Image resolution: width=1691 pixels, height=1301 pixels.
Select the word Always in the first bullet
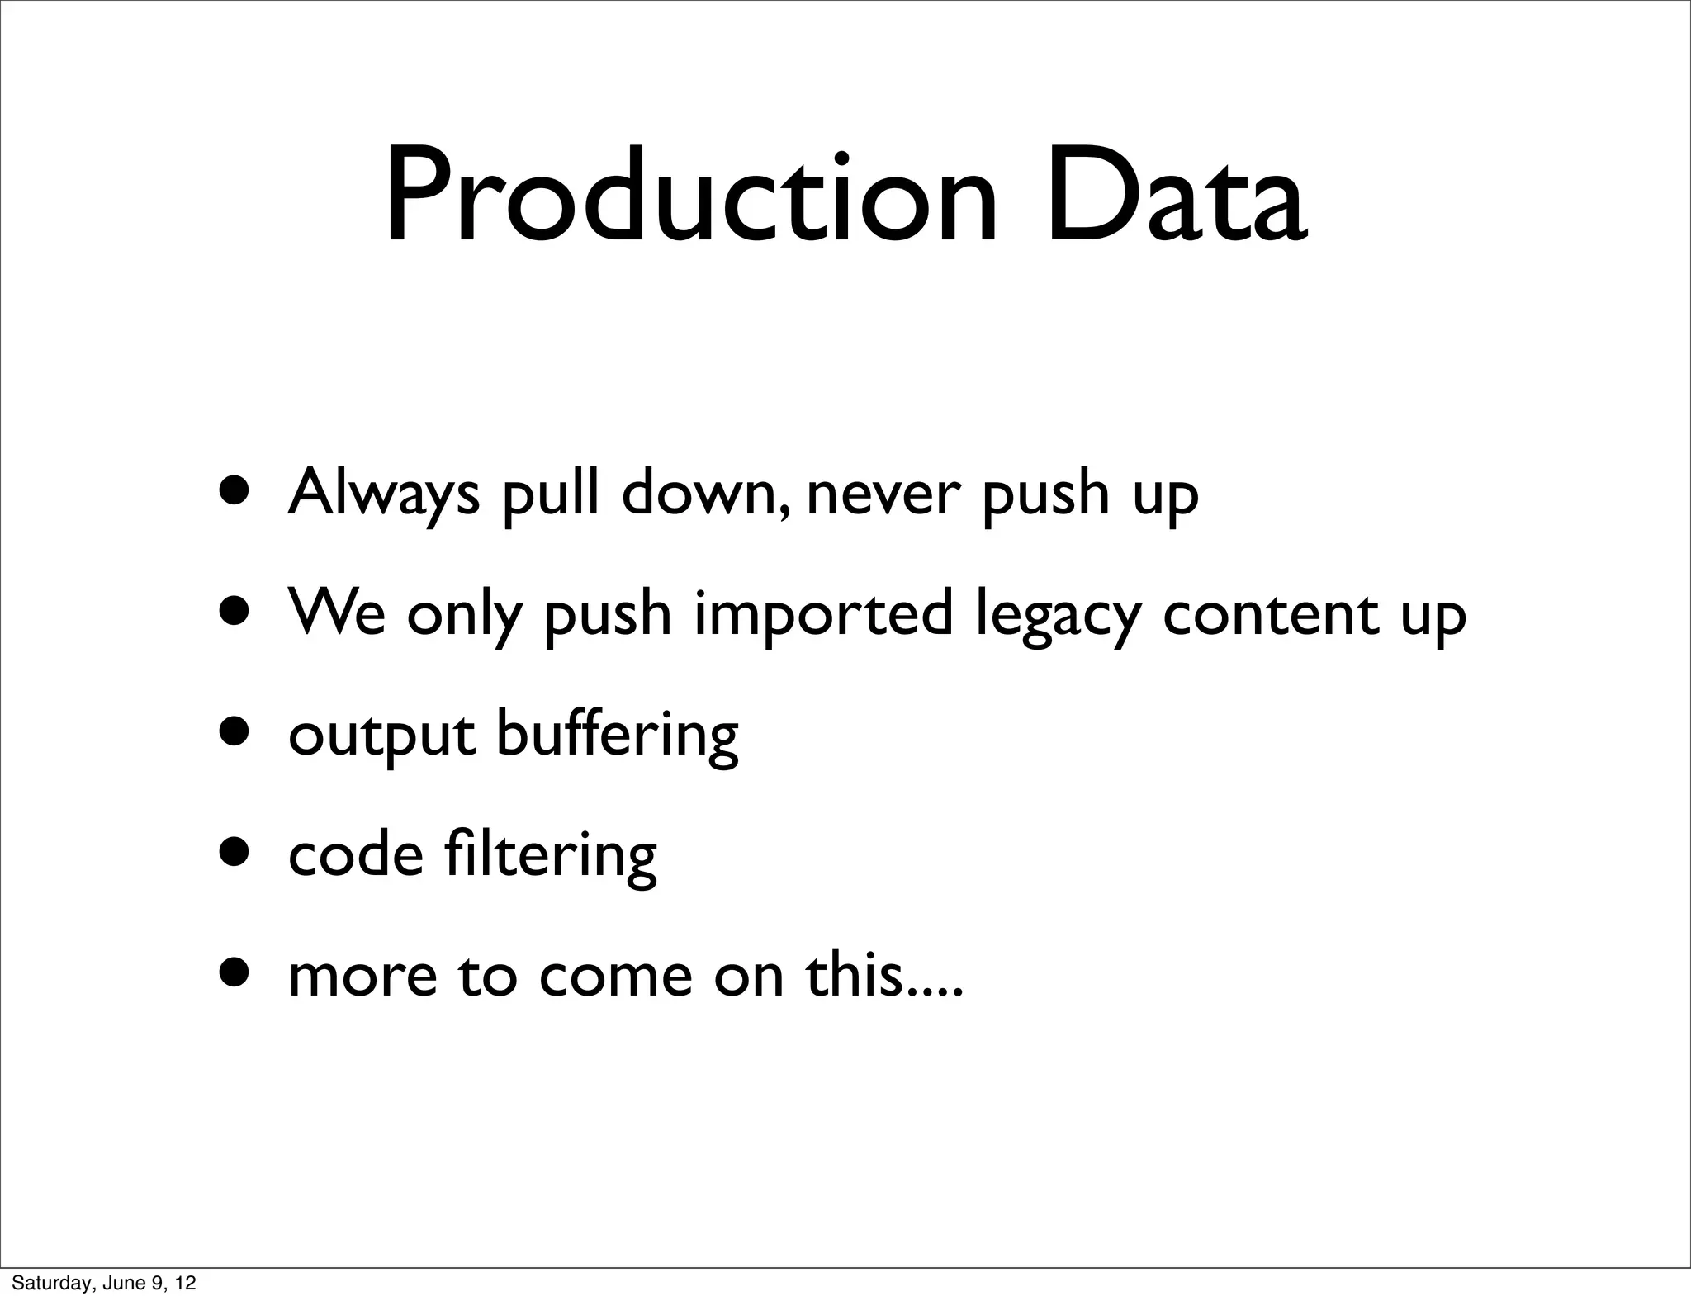pos(383,493)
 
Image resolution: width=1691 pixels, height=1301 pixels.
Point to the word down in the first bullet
pos(699,493)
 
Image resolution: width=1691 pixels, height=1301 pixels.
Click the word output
pos(381,734)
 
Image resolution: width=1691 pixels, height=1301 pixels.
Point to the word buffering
pos(617,734)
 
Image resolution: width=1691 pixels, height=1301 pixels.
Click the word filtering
pos(550,854)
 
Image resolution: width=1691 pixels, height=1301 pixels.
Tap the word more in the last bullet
pos(362,977)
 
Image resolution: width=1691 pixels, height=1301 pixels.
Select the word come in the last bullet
pos(614,977)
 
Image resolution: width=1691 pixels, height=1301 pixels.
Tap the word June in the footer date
pos(120,1283)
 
